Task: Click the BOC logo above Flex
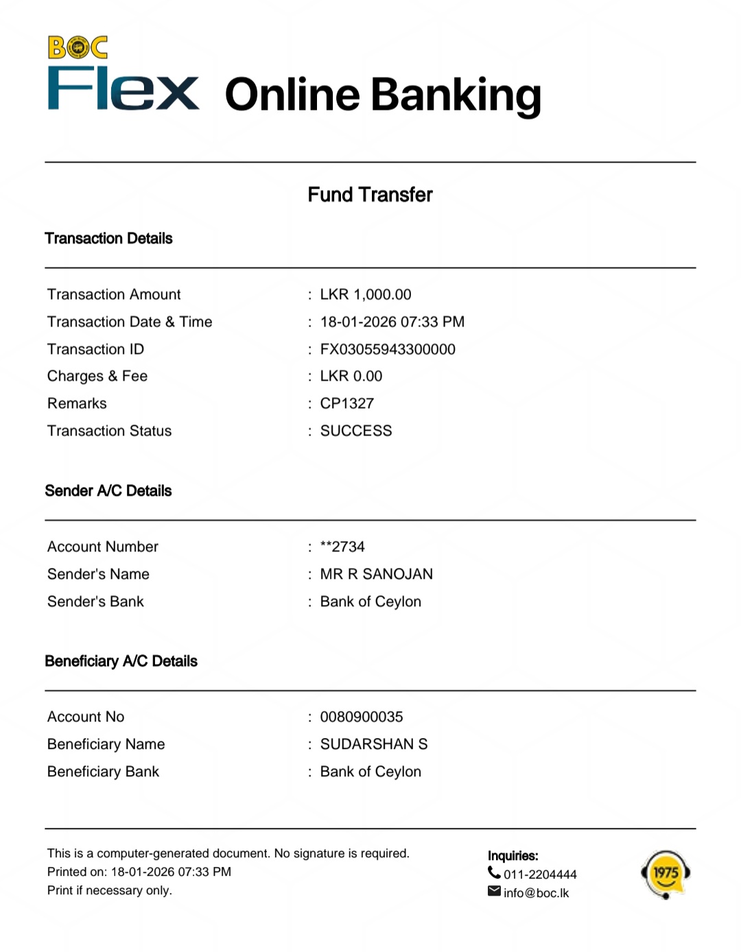click(x=78, y=47)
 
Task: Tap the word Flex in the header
click(x=123, y=89)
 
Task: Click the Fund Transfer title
click(x=370, y=195)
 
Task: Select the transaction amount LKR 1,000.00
click(x=366, y=294)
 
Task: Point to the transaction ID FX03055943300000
click(x=388, y=349)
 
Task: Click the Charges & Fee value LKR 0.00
click(x=351, y=376)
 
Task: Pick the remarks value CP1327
click(x=347, y=403)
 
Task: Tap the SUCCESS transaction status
click(x=356, y=431)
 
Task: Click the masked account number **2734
click(x=342, y=547)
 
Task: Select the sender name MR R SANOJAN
click(x=377, y=574)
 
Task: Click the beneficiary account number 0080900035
click(x=362, y=717)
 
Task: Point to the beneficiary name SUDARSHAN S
click(x=374, y=744)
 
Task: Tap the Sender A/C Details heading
click(x=108, y=491)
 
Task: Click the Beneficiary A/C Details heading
click(x=121, y=661)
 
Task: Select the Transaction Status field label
click(x=110, y=431)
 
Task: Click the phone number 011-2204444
click(x=540, y=874)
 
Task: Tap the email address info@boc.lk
click(x=536, y=893)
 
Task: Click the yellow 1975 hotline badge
click(x=665, y=874)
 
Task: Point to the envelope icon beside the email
click(x=494, y=891)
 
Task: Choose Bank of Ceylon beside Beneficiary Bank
click(x=370, y=772)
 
